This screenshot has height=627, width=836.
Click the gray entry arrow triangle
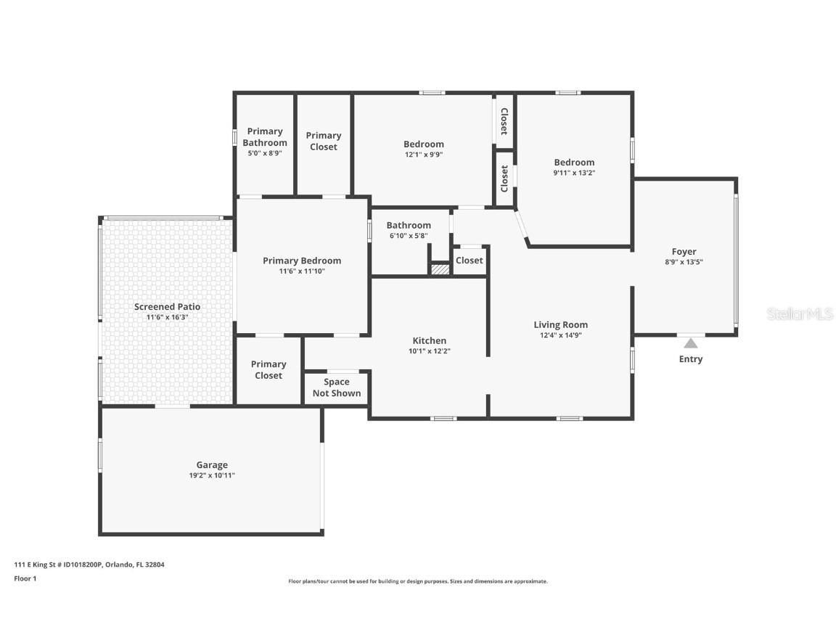(690, 343)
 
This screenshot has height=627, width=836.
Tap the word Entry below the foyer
(690, 359)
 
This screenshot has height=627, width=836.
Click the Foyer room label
(684, 251)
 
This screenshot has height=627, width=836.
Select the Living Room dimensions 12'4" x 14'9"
(560, 335)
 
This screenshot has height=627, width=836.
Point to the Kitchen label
(429, 340)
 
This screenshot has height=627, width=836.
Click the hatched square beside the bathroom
(440, 269)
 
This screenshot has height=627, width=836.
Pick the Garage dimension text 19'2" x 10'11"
(212, 475)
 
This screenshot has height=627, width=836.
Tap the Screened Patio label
(167, 306)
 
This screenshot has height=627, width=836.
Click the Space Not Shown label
(337, 388)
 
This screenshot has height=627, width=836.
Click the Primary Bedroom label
(302, 261)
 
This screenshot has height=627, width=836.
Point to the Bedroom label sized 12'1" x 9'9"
(423, 144)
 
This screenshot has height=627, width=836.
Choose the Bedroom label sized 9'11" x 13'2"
(574, 162)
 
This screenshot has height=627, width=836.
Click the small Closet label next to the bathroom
(470, 261)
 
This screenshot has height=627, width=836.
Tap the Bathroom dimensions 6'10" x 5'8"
(409, 236)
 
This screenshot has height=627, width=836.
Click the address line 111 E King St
(89, 565)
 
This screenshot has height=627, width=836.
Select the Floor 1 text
(25, 578)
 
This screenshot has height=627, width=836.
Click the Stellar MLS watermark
(800, 314)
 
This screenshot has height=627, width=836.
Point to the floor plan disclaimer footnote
(417, 581)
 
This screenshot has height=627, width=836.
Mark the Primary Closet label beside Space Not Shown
(269, 370)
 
